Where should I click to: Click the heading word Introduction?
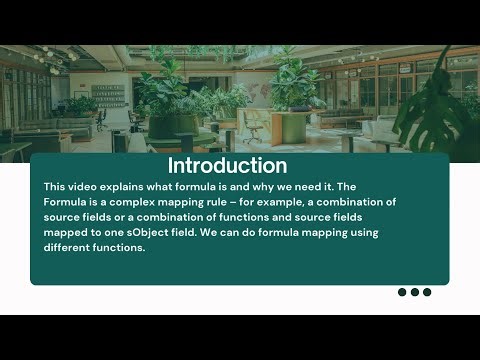click(x=227, y=165)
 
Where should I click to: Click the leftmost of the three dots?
click(x=403, y=292)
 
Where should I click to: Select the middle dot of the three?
click(x=415, y=292)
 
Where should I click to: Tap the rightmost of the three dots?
click(x=427, y=292)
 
